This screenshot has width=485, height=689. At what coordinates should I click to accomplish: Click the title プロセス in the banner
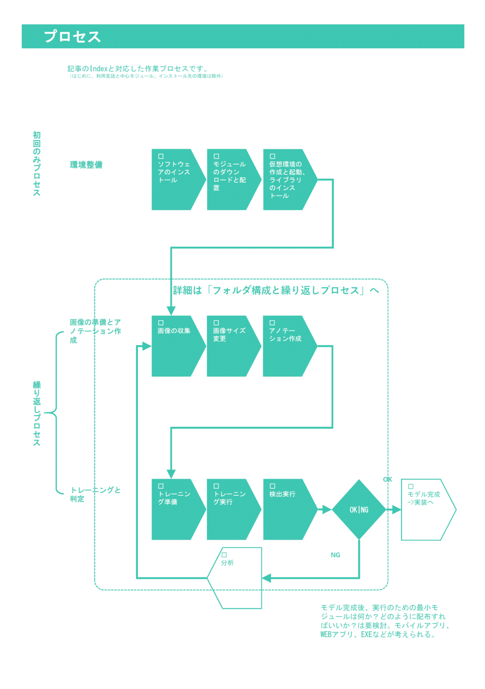coord(72,36)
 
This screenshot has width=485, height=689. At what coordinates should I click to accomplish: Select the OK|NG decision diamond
coord(359,510)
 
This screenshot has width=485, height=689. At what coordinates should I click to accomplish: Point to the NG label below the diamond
coord(335,555)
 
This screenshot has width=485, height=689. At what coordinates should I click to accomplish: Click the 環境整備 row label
coord(86,165)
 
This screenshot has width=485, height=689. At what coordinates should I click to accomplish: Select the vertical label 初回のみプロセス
coord(37,164)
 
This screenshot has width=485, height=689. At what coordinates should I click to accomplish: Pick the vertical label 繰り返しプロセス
coord(37,413)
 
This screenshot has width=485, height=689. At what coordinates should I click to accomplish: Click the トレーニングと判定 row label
coord(95,494)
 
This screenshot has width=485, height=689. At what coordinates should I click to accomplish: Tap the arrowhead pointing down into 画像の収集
coord(171,310)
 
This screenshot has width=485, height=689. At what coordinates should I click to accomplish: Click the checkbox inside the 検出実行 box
coord(272,486)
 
